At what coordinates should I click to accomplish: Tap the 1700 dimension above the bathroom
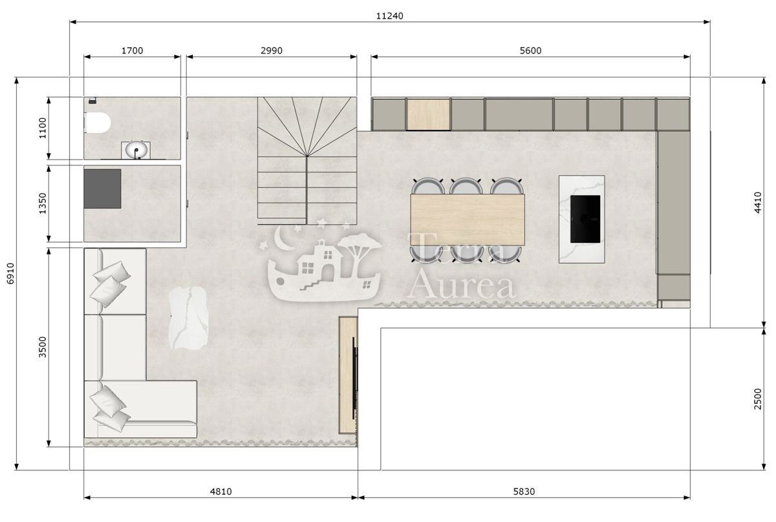tap(132, 50)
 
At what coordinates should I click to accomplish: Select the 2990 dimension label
tap(272, 50)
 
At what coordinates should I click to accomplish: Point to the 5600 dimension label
tap(530, 50)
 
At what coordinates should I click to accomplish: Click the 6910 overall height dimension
tap(9, 274)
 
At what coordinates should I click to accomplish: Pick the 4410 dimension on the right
tap(759, 202)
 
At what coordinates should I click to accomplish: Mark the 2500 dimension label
tap(759, 399)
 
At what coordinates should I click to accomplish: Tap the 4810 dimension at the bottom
tap(221, 492)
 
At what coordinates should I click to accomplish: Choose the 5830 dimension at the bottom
tap(524, 492)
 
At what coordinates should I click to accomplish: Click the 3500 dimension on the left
tap(43, 346)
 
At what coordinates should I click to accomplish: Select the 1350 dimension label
tap(43, 204)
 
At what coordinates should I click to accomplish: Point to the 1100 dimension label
tap(43, 128)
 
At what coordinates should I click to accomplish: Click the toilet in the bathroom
tap(96, 121)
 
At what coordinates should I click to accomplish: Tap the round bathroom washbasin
tap(136, 151)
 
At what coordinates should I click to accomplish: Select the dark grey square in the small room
tap(102, 189)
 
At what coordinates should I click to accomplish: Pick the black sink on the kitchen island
tap(585, 218)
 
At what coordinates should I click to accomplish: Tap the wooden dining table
tap(467, 220)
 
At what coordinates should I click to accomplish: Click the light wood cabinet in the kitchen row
tap(428, 114)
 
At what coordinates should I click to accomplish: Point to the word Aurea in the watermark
tap(463, 285)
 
